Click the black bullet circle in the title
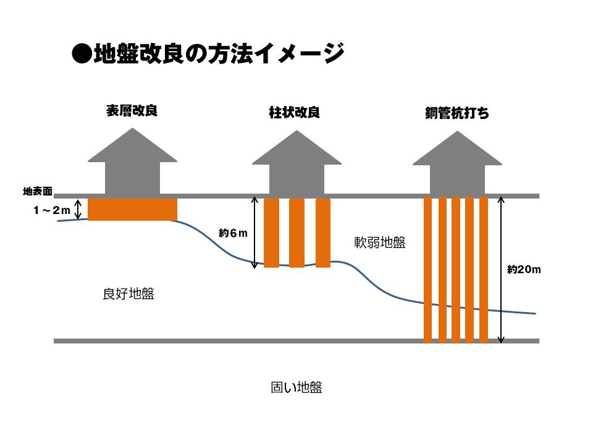pyautogui.click(x=82, y=54)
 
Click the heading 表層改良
pyautogui.click(x=132, y=111)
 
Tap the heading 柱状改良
pyautogui.click(x=294, y=112)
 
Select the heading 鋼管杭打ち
pyautogui.click(x=457, y=113)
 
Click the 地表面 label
pyautogui.click(x=38, y=191)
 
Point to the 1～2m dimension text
pyautogui.click(x=52, y=210)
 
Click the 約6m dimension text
pyautogui.click(x=233, y=233)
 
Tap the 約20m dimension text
pyautogui.click(x=524, y=269)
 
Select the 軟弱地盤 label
pyautogui.click(x=380, y=242)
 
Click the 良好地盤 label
pyautogui.click(x=128, y=294)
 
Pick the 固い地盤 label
pyautogui.click(x=296, y=387)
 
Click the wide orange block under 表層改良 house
pyautogui.click(x=132, y=209)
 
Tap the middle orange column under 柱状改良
pyautogui.click(x=297, y=232)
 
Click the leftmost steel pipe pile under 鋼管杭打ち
pyautogui.click(x=427, y=269)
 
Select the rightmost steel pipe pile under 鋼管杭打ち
pyautogui.click(x=484, y=269)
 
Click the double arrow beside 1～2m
pyautogui.click(x=78, y=209)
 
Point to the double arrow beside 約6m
pyautogui.click(x=254, y=232)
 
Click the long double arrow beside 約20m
pyautogui.click(x=501, y=269)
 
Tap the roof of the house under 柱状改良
pyautogui.click(x=297, y=147)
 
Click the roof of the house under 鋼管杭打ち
pyautogui.click(x=457, y=148)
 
